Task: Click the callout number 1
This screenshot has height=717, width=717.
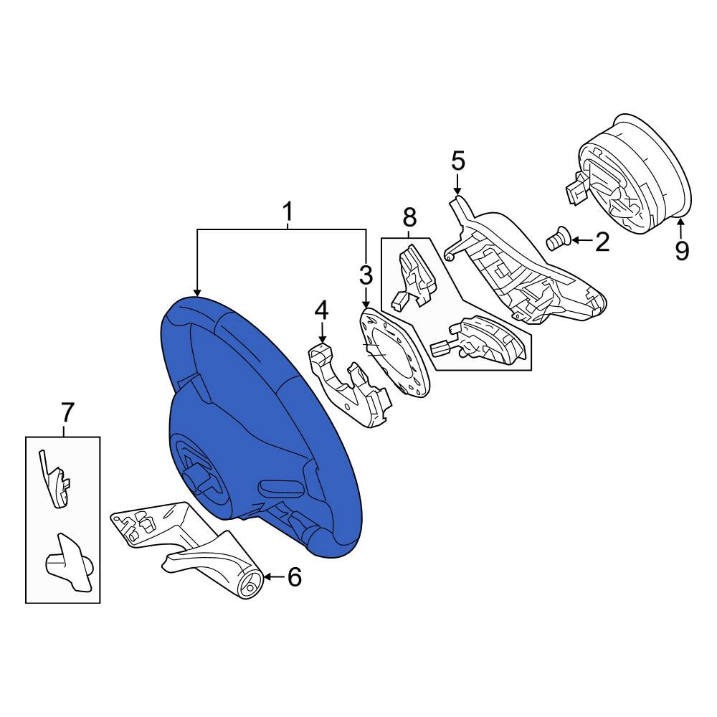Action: (288, 212)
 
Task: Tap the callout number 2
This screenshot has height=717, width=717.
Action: (602, 242)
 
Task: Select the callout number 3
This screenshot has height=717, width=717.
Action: (366, 275)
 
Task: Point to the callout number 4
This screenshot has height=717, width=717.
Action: (321, 310)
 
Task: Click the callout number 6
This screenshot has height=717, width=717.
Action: (295, 577)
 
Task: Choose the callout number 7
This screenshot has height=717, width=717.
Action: (67, 412)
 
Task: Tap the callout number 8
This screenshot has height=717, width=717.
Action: (409, 217)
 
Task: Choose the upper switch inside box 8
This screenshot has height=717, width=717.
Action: (414, 275)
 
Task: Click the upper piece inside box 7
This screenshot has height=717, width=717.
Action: (55, 480)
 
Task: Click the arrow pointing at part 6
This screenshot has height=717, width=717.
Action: (274, 577)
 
